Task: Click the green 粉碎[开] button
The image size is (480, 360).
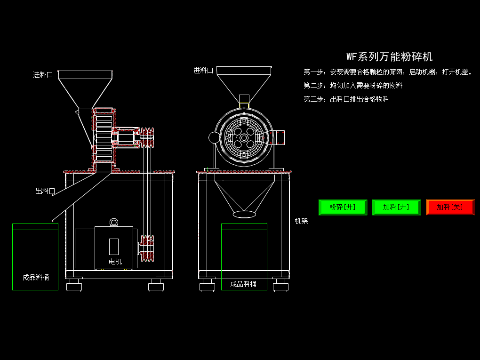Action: [343, 207]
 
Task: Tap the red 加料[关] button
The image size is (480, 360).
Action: [450, 207]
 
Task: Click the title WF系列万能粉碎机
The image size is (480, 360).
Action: [389, 57]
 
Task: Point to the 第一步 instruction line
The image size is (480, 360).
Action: [387, 72]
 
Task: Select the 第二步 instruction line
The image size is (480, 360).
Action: [353, 86]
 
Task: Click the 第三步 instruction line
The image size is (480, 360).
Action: [346, 99]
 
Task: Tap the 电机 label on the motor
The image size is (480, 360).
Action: [115, 262]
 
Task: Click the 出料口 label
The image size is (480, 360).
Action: [45, 191]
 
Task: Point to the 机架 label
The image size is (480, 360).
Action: [301, 221]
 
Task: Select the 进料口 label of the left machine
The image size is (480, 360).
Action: [43, 75]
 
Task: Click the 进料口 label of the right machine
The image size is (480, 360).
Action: [203, 71]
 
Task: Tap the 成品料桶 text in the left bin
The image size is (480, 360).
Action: [36, 278]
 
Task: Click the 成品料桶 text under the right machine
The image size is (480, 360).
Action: [243, 284]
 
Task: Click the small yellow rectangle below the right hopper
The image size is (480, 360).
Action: [244, 105]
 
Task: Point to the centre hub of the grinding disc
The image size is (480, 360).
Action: [244, 137]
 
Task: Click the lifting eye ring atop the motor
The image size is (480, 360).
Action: [114, 222]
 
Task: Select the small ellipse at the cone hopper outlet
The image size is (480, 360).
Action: [244, 214]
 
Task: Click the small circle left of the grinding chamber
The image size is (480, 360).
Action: [214, 137]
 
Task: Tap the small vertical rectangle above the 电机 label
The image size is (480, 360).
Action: [114, 246]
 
